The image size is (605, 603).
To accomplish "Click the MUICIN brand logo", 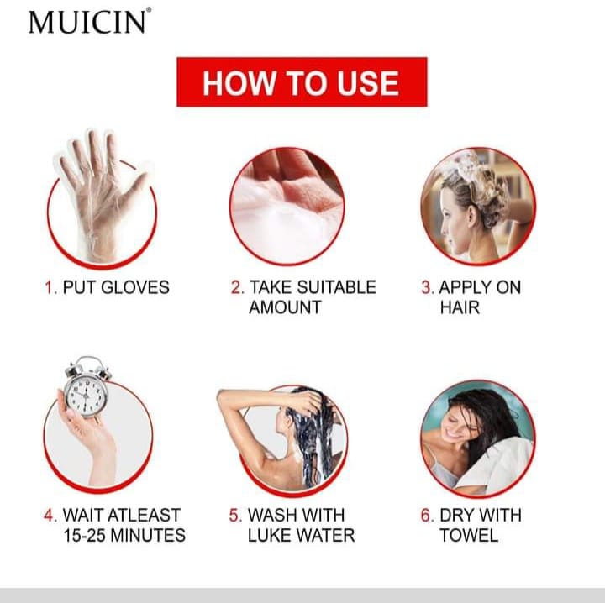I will (x=89, y=21).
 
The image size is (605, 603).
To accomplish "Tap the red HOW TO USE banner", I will (x=301, y=83).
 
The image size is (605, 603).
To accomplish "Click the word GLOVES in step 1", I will (x=135, y=287).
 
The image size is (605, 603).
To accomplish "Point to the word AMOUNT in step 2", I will (x=285, y=307).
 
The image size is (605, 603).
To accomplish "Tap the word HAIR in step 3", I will (x=460, y=307).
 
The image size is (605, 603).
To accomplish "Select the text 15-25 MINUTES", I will (x=124, y=535).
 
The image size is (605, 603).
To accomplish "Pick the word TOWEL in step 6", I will (x=469, y=535).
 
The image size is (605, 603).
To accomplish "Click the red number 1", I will (x=50, y=287).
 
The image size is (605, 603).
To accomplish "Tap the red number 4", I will (x=50, y=515).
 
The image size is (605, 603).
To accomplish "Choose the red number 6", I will (x=428, y=515).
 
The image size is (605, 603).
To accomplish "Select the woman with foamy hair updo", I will (x=476, y=204).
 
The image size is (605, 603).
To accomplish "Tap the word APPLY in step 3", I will (x=466, y=287).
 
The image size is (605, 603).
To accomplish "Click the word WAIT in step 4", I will (x=86, y=515).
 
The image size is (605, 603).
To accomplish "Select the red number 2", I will (x=237, y=287).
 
